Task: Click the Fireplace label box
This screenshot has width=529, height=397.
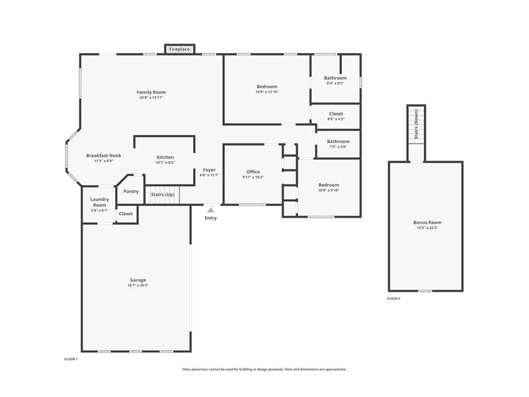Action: pyautogui.click(x=179, y=49)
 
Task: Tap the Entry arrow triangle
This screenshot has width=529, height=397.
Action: pyautogui.click(x=210, y=210)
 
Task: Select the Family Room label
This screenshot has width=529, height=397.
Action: pyautogui.click(x=151, y=92)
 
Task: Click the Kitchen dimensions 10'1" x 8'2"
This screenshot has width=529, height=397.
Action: pyautogui.click(x=165, y=163)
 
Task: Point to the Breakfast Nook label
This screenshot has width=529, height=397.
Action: pyautogui.click(x=104, y=155)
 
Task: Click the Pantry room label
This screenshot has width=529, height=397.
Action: pyautogui.click(x=131, y=191)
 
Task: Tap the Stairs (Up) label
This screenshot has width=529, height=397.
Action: pyautogui.click(x=163, y=195)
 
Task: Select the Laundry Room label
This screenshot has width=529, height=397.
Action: pyautogui.click(x=100, y=202)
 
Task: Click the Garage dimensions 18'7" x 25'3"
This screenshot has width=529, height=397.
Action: pyautogui.click(x=138, y=285)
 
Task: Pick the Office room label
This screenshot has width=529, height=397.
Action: pyautogui.click(x=253, y=172)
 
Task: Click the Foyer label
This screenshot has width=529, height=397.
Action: pyautogui.click(x=209, y=170)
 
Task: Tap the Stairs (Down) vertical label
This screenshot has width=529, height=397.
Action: pyautogui.click(x=417, y=124)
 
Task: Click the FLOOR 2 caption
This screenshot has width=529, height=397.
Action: pyautogui.click(x=393, y=298)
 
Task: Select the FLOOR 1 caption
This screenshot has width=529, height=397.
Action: pyautogui.click(x=71, y=359)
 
